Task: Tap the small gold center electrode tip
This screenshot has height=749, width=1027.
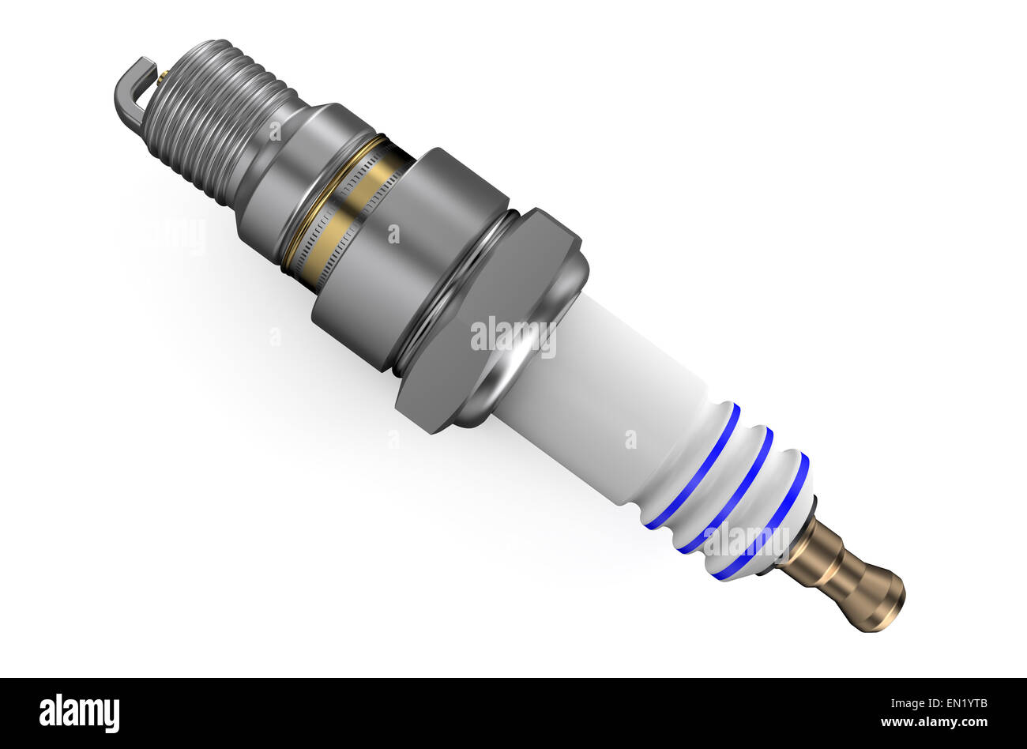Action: (162, 77)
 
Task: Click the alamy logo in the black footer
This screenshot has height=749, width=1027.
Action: (79, 713)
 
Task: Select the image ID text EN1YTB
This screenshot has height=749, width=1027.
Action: (960, 703)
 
